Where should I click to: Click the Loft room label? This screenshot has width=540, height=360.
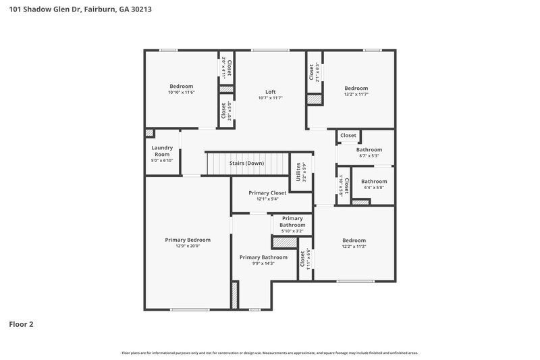270,92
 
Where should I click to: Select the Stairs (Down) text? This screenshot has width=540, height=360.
246,163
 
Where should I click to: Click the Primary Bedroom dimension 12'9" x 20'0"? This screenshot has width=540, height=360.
188,246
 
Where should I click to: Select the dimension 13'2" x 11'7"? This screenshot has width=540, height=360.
356,95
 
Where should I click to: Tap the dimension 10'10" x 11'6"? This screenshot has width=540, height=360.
181,93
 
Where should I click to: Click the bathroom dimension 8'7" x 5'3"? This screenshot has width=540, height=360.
369,155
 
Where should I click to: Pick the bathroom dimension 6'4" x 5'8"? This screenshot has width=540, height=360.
373,188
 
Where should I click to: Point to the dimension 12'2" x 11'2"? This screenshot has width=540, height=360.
354,247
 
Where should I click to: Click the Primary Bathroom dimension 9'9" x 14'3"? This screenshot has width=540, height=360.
263,263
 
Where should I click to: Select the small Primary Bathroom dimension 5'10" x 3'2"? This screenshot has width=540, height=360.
292,231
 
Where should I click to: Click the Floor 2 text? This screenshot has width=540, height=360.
21,324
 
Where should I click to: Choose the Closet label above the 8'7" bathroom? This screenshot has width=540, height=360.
348,136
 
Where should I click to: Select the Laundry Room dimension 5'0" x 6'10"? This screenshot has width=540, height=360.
162,160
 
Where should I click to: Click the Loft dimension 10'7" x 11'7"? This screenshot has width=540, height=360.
270,99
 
